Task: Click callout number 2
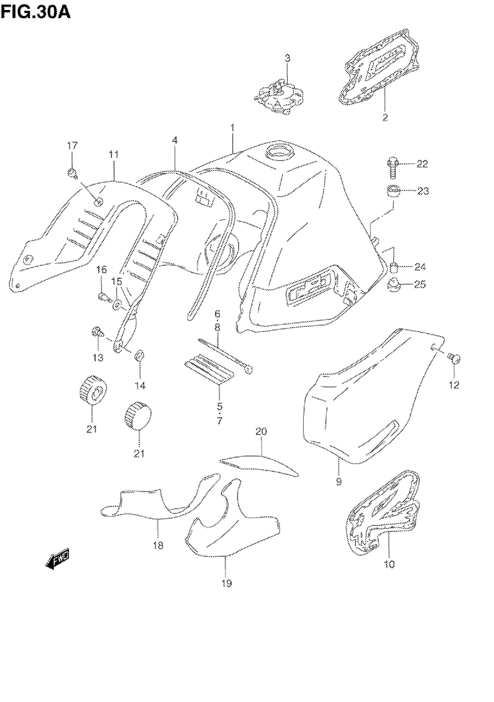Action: point(385,117)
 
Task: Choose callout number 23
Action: point(423,191)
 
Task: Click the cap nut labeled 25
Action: point(394,285)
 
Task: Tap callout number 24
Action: point(420,267)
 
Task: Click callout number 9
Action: point(339,482)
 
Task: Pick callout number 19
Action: point(227,583)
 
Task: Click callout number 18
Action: point(158,545)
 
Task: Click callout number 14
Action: point(140,386)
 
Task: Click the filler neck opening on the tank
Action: point(279,151)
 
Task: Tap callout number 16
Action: point(102,269)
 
